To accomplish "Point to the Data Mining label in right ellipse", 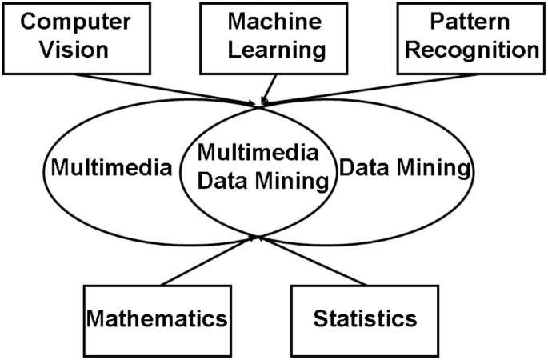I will point(402,169).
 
